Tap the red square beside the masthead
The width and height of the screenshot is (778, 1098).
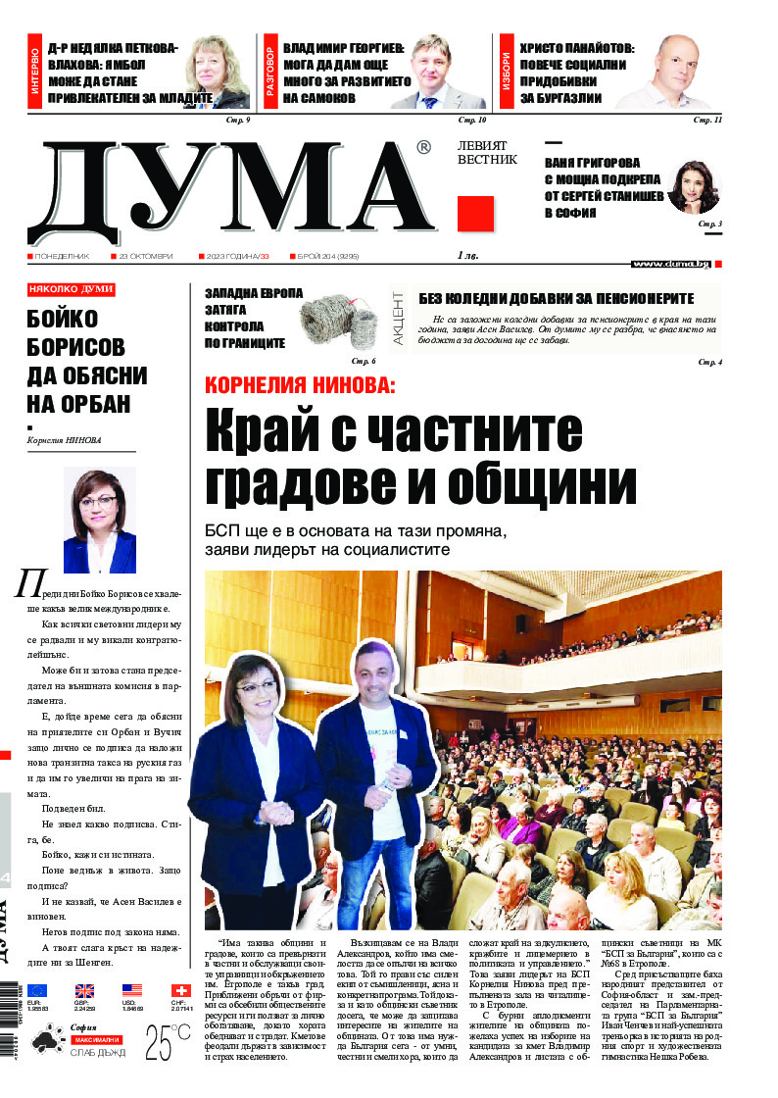click(x=475, y=214)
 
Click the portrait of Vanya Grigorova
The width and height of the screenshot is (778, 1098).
click(x=693, y=187)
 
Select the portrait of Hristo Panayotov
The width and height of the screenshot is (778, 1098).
click(x=670, y=73)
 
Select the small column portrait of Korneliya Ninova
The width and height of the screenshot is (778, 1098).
click(x=99, y=520)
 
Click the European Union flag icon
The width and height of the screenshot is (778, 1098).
click(x=37, y=991)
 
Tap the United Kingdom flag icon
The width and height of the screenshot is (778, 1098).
click(x=84, y=991)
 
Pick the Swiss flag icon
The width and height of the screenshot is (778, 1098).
click(x=180, y=991)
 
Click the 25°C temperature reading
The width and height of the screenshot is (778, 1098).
click(x=168, y=1044)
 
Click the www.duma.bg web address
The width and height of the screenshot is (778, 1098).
click(x=671, y=264)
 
